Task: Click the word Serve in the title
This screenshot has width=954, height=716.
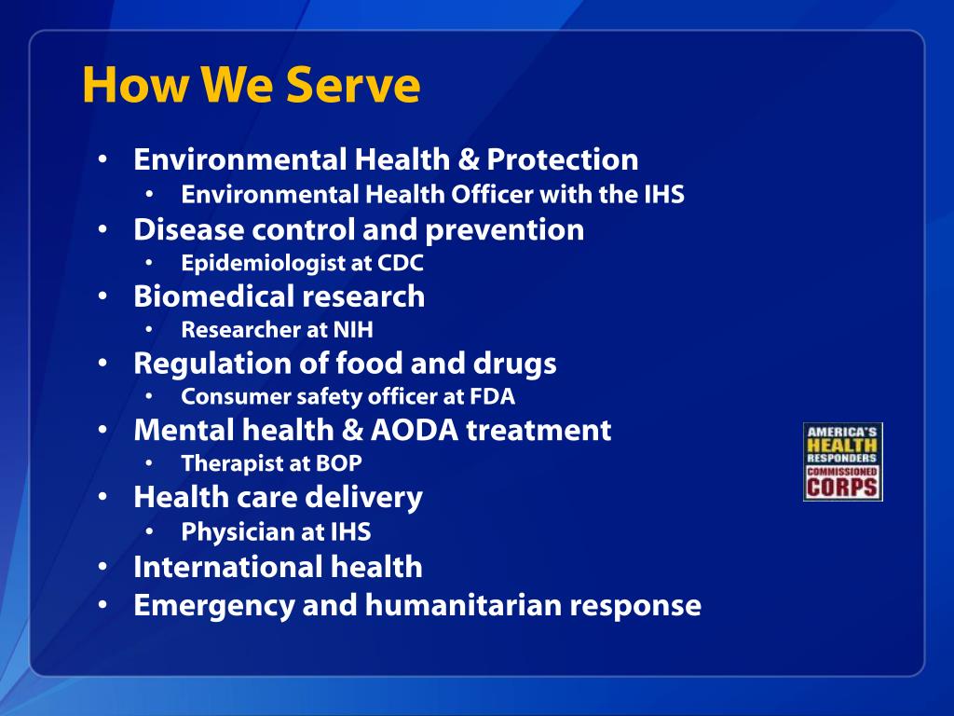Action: pos(353,85)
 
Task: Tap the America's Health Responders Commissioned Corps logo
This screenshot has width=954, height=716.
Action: pos(842,461)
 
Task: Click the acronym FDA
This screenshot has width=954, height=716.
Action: pos(492,397)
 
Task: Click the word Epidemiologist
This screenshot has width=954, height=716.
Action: pos(264,264)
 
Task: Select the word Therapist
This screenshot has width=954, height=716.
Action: pos(224,463)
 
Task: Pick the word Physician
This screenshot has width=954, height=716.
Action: pos(225,532)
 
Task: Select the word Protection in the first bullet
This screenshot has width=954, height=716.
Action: pos(562,159)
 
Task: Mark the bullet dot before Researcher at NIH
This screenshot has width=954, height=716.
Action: pos(151,330)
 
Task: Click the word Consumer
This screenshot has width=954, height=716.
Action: pos(225,397)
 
